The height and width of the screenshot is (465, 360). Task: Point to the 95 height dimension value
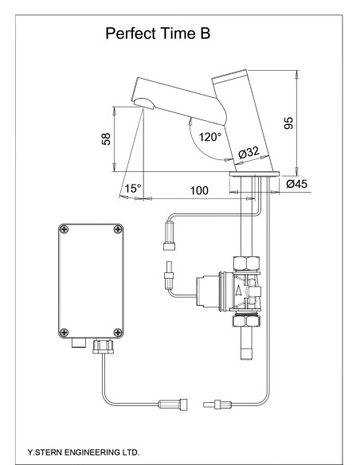pos(289,123)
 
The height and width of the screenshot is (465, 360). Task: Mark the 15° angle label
pos(132,189)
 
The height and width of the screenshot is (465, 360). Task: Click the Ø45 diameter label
pos(297,185)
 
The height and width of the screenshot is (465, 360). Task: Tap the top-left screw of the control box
pos(65,230)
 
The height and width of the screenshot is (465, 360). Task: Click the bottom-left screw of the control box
pos(65,331)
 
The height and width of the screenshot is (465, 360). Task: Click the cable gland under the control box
pos(103,347)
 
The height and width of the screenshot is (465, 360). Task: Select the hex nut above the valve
pos(244,262)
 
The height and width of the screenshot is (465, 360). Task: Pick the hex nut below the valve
pos(244,323)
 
